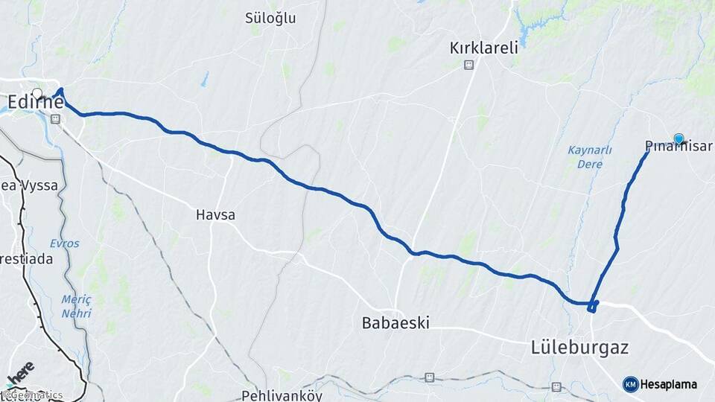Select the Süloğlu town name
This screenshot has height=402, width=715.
coord(270,19)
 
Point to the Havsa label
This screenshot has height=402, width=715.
coord(215,215)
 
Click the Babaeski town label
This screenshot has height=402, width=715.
coord(395,323)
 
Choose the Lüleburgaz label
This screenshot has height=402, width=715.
coord(580,348)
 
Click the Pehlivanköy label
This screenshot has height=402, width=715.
coord(282,395)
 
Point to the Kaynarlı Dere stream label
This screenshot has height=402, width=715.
coord(590,156)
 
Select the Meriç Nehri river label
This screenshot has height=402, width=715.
coord(76,306)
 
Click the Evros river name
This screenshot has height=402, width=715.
coord(64,243)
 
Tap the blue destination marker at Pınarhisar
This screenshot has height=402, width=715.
coord(679,138)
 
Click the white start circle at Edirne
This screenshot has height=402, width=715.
coord(36,93)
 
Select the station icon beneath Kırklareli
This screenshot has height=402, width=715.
coord(468,65)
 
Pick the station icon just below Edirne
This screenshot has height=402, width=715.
coord(55,119)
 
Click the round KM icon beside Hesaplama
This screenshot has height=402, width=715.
coord(630,384)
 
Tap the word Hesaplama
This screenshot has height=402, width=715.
coord(669,385)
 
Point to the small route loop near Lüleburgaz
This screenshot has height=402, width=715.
coord(593,306)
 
